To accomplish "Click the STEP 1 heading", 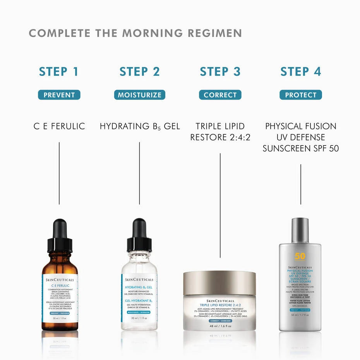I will click(x=59, y=72).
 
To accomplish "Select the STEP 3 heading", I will click(x=220, y=72).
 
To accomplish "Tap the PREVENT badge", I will click(x=59, y=95).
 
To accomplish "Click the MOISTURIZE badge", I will click(x=139, y=95).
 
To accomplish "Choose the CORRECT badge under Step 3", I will click(x=220, y=95).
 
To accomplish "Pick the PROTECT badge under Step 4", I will click(x=300, y=95).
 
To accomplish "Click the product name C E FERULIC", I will click(x=59, y=126).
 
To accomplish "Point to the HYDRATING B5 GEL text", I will click(x=139, y=126).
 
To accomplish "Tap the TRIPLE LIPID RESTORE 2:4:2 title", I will click(x=220, y=132).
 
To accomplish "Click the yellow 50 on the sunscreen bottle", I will click(x=300, y=256).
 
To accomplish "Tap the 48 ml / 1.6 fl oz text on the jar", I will click(x=219, y=326).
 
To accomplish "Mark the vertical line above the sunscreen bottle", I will click(x=301, y=184).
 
